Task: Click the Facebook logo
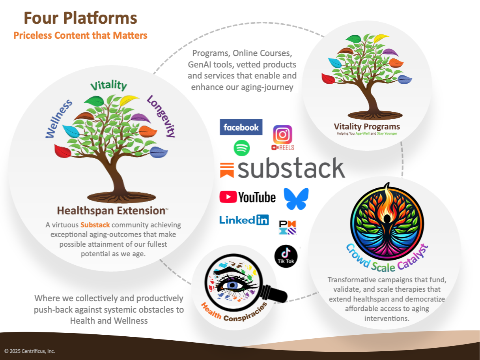click(241, 127)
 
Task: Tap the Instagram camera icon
click(282, 134)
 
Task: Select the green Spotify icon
click(242, 148)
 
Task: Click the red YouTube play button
click(228, 197)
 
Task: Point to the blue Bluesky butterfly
click(296, 199)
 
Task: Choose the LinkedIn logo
click(244, 220)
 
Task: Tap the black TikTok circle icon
click(286, 256)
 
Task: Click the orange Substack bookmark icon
click(227, 170)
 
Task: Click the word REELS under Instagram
click(286, 148)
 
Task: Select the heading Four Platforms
click(80, 18)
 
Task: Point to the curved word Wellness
click(59, 119)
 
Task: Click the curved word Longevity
click(161, 116)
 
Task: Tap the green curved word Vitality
click(109, 85)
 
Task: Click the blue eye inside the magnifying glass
click(232, 285)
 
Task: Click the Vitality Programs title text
click(367, 126)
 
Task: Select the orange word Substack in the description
click(95, 225)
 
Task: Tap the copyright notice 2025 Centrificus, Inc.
click(30, 351)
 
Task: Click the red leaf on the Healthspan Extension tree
click(63, 151)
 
